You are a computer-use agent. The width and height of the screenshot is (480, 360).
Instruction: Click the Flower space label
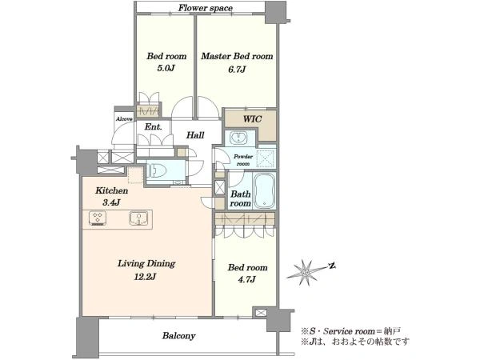click(x=206, y=8)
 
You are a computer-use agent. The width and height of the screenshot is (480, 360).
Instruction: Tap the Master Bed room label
click(x=237, y=56)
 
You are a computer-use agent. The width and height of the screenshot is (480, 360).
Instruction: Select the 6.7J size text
click(x=237, y=69)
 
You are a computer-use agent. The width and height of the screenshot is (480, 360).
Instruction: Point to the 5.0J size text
click(x=166, y=68)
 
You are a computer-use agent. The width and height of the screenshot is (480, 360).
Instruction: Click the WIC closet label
click(x=253, y=118)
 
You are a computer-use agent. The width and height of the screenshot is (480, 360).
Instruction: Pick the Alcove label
click(x=124, y=119)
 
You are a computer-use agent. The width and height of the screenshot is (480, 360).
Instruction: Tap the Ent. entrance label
click(x=153, y=126)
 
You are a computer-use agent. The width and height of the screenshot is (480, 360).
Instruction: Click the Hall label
click(x=195, y=135)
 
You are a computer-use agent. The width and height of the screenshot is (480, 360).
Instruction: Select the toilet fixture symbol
click(x=157, y=170)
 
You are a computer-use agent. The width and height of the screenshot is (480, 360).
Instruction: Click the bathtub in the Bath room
click(x=265, y=190)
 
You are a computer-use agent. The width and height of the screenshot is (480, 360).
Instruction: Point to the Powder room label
click(x=243, y=160)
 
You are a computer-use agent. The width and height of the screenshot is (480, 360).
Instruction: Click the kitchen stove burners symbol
click(x=98, y=218)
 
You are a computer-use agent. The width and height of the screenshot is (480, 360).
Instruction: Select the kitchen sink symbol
click(x=138, y=218)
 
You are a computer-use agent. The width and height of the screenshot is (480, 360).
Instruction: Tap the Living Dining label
click(x=146, y=263)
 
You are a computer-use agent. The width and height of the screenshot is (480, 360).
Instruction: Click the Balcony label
click(x=178, y=336)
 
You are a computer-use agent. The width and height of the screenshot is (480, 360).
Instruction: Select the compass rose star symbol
click(x=306, y=272)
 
